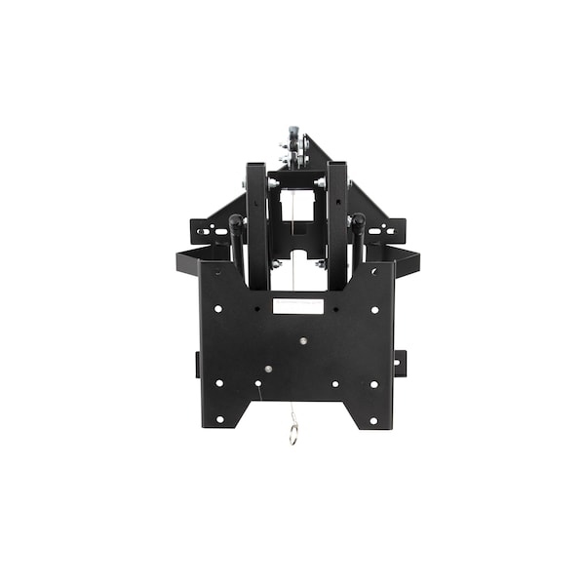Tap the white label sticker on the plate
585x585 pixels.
click(297, 305)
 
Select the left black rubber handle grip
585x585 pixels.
click(236, 240)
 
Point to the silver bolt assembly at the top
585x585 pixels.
click(292, 146)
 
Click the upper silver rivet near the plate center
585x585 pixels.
click(303, 340)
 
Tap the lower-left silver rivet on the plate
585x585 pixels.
click(267, 370)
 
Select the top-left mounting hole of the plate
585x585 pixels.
click(217, 308)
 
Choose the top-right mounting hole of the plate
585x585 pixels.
click(374, 308)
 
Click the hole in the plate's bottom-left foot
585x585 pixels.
click(219, 419)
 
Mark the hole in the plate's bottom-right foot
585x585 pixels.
click(373, 419)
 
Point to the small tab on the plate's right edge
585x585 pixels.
click(400, 363)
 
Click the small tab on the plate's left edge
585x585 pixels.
click(198, 364)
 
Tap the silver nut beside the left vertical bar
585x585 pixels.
click(274, 183)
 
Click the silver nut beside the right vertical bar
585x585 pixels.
click(320, 183)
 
